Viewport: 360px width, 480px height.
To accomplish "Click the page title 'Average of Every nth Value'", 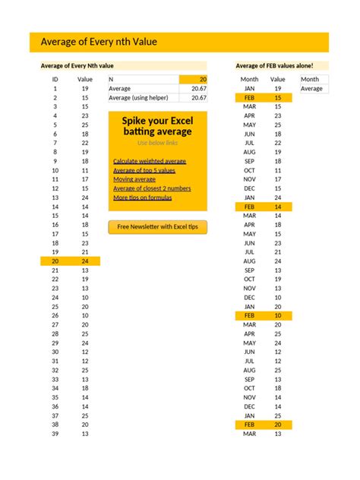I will [99, 42].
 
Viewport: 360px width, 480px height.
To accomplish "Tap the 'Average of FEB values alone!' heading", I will [274, 66].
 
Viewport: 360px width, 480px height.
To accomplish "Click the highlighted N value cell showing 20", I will [194, 79].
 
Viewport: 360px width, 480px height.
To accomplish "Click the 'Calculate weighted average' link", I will [149, 161].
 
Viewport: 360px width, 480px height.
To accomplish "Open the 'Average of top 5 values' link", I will [145, 170].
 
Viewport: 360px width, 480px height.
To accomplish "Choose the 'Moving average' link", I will [134, 179].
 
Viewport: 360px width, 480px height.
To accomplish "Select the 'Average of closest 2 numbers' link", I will [152, 188].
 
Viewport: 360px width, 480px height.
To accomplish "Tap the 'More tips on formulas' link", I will [142, 197].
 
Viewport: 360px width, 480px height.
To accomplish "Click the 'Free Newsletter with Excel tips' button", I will [158, 226].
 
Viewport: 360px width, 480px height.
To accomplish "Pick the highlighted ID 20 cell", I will [55, 261].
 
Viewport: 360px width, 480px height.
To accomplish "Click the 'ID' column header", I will [55, 79].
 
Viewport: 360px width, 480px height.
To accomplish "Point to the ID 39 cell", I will [55, 434].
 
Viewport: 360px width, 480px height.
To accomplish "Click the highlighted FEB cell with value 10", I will [250, 315].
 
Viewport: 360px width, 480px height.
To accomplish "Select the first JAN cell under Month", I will [250, 89].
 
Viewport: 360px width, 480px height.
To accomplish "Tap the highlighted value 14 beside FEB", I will [278, 207].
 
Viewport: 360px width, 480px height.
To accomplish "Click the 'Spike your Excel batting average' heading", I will [158, 126].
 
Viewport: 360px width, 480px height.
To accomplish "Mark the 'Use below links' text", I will [157, 143].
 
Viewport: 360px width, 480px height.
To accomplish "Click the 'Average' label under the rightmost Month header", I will [311, 89].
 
